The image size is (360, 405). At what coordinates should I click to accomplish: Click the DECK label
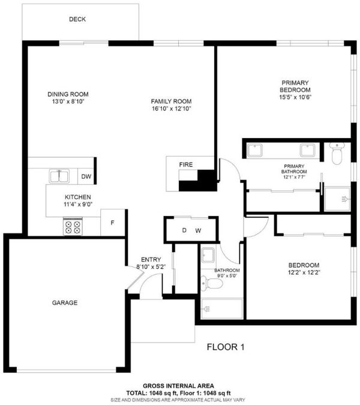click(x=77, y=19)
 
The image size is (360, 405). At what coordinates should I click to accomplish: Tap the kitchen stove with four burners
click(x=73, y=227)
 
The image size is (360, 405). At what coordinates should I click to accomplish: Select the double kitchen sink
click(x=59, y=176)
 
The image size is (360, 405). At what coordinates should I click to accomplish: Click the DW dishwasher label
click(x=86, y=176)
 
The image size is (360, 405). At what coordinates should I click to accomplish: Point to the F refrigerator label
click(x=112, y=223)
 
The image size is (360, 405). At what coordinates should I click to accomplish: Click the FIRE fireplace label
click(x=186, y=164)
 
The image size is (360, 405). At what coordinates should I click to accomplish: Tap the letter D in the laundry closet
click(x=184, y=230)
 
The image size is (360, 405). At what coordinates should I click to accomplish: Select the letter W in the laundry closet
click(x=198, y=230)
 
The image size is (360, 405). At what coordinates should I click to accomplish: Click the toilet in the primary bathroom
click(x=337, y=154)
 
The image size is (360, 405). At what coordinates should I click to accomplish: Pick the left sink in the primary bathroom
click(x=255, y=151)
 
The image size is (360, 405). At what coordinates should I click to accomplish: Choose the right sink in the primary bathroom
click(x=307, y=151)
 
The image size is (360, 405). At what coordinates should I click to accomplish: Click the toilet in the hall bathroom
click(x=212, y=283)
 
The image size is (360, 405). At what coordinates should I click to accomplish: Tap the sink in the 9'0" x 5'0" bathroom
click(x=208, y=255)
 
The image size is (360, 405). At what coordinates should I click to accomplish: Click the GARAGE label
click(x=65, y=303)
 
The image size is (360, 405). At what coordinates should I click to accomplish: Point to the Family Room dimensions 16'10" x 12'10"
click(x=171, y=109)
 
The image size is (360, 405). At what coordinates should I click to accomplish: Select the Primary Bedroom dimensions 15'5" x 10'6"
click(x=295, y=97)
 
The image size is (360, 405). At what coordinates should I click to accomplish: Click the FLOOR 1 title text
click(x=226, y=347)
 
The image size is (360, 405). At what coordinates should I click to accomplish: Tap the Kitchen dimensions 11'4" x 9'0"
click(x=78, y=205)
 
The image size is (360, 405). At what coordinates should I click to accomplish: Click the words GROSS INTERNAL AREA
click(x=178, y=386)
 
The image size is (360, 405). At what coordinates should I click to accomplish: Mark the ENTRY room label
click(x=151, y=260)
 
